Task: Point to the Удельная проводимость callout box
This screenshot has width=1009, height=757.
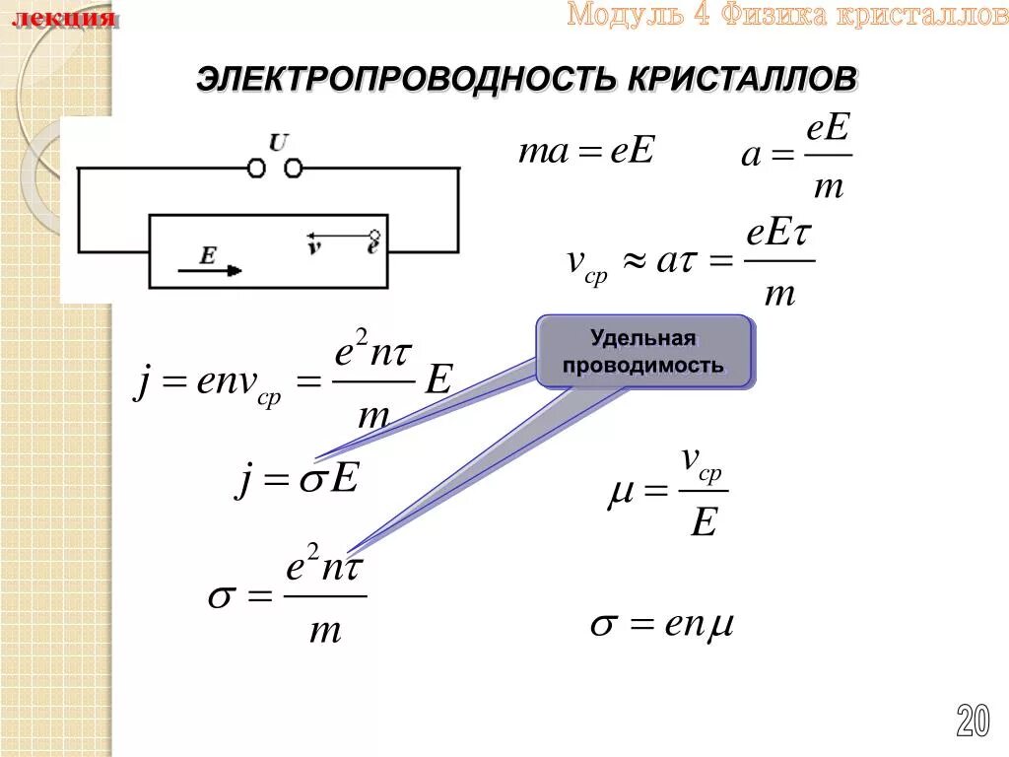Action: pos(644,352)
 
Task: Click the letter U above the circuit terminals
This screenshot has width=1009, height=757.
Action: pos(279,143)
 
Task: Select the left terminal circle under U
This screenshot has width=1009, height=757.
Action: pos(256,169)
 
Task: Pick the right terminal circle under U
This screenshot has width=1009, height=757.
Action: pos(293,169)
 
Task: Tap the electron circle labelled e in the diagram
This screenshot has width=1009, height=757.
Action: pos(374,237)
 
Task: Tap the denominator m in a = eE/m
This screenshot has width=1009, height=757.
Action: pos(828,186)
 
